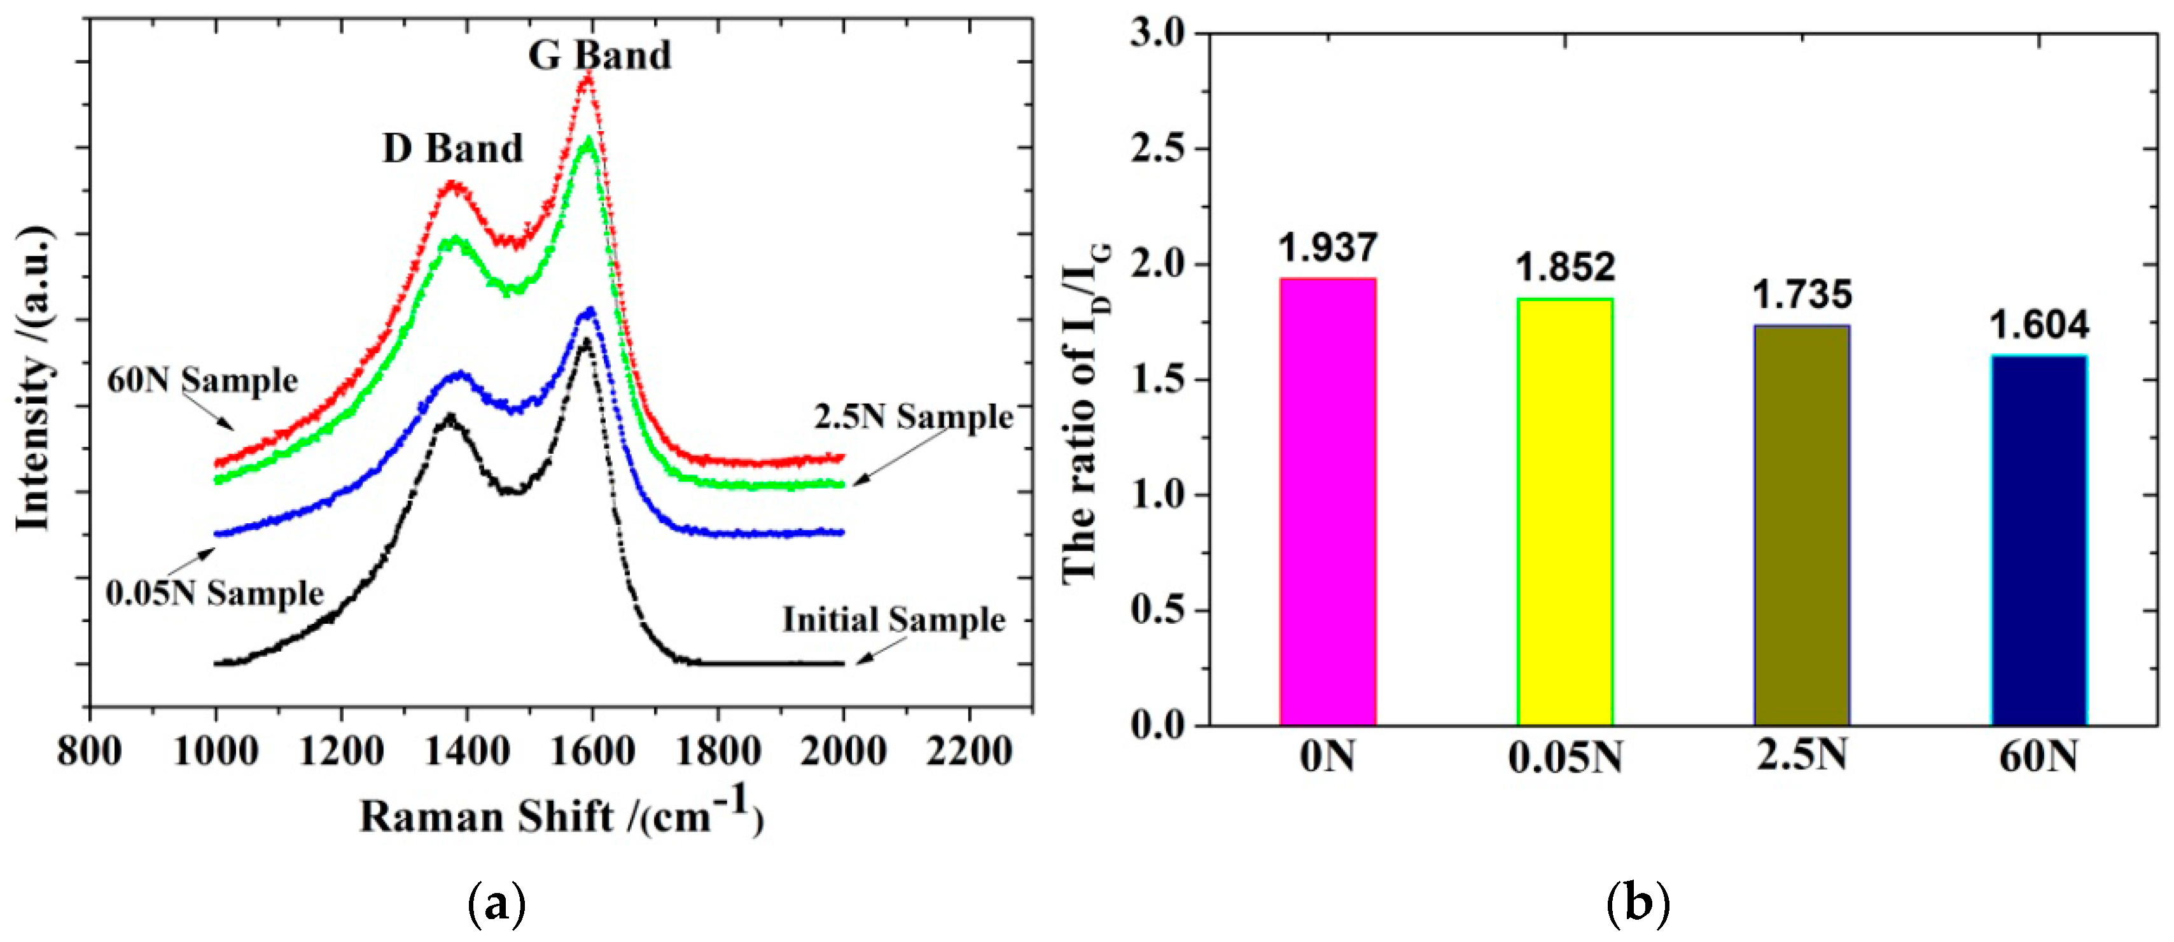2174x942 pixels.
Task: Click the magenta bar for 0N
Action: pos(1328,502)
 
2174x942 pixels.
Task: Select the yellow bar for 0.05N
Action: pos(1564,512)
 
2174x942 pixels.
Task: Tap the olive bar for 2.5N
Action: pos(1802,525)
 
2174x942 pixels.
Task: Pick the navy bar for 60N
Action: pos(2039,540)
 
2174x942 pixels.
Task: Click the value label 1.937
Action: pos(1328,248)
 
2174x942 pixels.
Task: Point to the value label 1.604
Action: pos(2039,326)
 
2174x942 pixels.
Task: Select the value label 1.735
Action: pos(1802,295)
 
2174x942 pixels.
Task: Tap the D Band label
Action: pos(453,150)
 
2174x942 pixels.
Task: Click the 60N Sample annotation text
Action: pos(202,381)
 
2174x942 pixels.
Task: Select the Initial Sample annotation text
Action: pos(894,621)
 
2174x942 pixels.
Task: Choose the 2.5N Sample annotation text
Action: pos(913,417)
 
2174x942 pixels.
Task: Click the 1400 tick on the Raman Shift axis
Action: pos(467,751)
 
